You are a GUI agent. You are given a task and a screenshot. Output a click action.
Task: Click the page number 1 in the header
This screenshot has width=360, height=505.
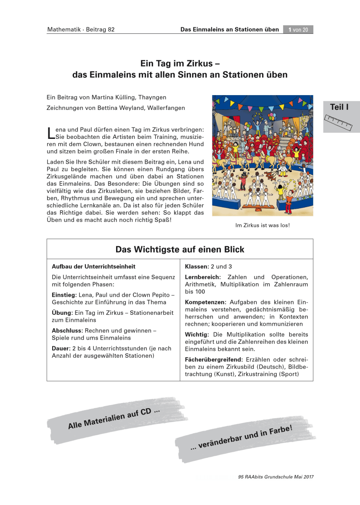click(x=290, y=29)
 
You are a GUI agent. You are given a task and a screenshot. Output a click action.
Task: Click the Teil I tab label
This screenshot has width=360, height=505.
click(x=339, y=107)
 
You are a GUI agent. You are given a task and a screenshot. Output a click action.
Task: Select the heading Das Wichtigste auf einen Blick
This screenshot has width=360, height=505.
click(x=180, y=250)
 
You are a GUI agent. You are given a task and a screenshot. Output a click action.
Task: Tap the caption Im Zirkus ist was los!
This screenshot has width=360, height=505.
click(x=262, y=225)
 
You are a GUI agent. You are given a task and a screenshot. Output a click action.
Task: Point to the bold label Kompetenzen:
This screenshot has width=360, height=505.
click(x=206, y=302)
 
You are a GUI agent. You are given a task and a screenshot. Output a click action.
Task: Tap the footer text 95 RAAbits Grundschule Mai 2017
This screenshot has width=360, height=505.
click(x=275, y=477)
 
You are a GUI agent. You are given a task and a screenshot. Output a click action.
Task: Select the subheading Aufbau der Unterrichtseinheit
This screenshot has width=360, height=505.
click(x=93, y=267)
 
